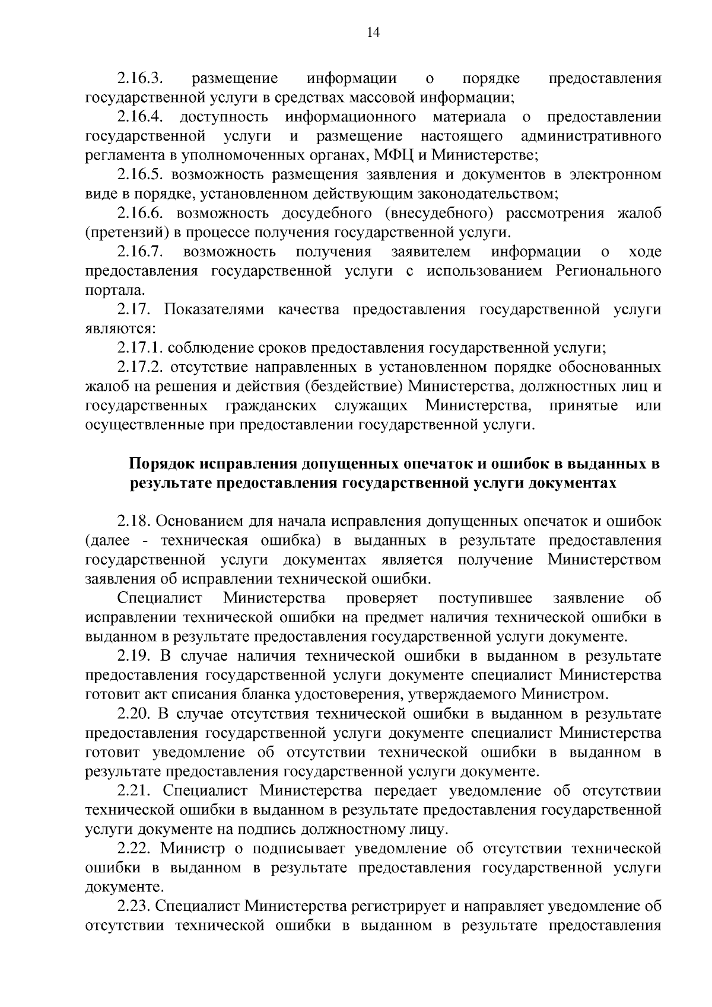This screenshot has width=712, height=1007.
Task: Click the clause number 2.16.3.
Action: tap(141, 78)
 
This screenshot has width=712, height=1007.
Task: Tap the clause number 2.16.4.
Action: tap(141, 117)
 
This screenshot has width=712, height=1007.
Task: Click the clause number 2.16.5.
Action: tap(141, 174)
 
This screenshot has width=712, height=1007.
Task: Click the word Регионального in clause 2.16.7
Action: tap(608, 271)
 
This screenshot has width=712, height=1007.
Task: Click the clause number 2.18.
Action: tap(136, 522)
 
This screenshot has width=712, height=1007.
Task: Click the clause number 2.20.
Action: tap(136, 714)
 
